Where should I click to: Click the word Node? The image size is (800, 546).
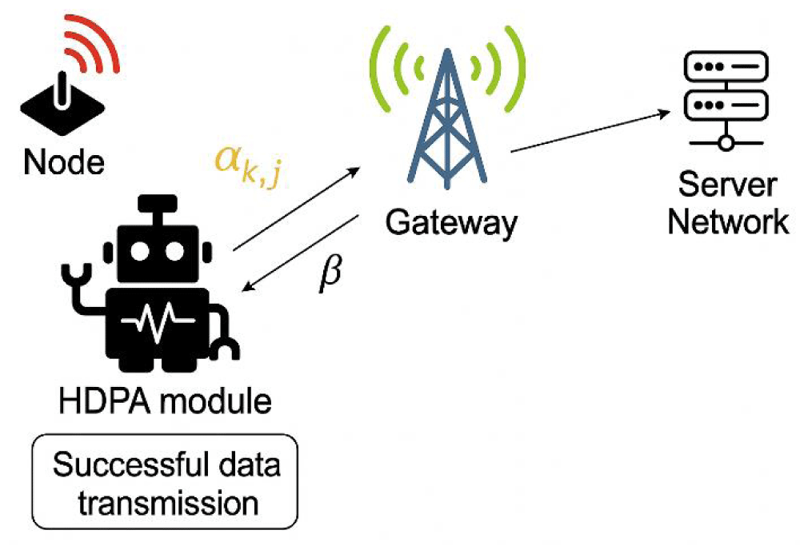[64, 162]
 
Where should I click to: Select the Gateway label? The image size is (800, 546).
[451, 223]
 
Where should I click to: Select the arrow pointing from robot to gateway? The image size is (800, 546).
[297, 209]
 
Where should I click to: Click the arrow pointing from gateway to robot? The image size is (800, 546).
[300, 253]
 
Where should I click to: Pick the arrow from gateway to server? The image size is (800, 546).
[590, 131]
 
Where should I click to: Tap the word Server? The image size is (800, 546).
[727, 185]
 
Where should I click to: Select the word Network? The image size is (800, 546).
[728, 221]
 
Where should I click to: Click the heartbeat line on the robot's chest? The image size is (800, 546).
[158, 321]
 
